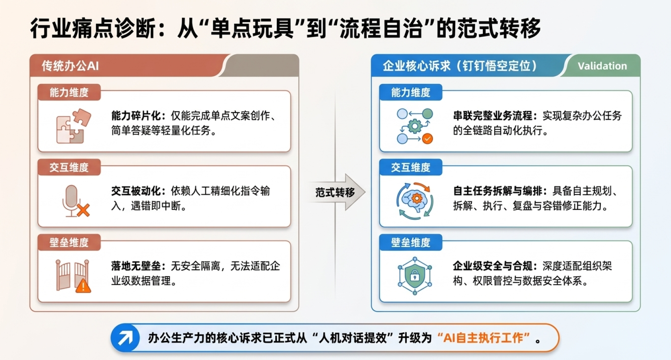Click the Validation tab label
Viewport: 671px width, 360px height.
(602, 66)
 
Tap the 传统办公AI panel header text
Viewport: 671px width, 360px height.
(70, 66)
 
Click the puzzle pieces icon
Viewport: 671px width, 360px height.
(74, 126)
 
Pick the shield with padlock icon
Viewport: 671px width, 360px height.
(415, 276)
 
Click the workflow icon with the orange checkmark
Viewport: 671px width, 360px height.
(415, 126)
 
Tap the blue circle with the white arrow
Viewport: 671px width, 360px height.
(125, 338)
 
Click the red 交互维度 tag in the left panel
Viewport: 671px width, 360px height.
(69, 167)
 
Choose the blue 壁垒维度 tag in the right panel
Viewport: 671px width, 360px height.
(411, 242)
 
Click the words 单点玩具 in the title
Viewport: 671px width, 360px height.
(252, 28)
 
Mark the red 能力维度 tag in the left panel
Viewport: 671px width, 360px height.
(69, 92)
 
